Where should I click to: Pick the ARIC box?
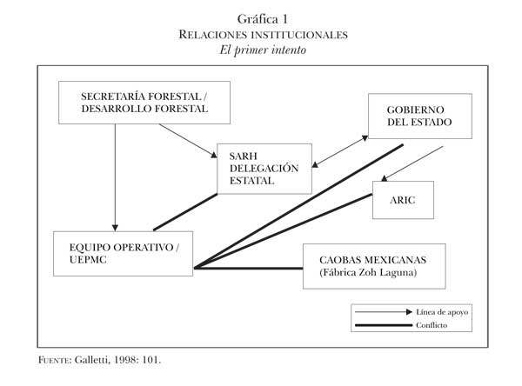pyautogui.click(x=408, y=199)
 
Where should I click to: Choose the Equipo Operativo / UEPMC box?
pyautogui.click(x=123, y=253)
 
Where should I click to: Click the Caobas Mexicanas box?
pyautogui.click(x=374, y=265)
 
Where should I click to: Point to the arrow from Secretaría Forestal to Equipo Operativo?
pyautogui.click(x=115, y=174)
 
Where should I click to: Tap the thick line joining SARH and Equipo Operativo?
pyautogui.click(x=185, y=211)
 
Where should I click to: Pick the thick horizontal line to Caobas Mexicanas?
pyautogui.click(x=248, y=269)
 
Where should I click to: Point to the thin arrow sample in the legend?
pyautogui.click(x=383, y=310)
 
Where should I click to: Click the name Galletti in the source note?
pyautogui.click(x=87, y=357)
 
